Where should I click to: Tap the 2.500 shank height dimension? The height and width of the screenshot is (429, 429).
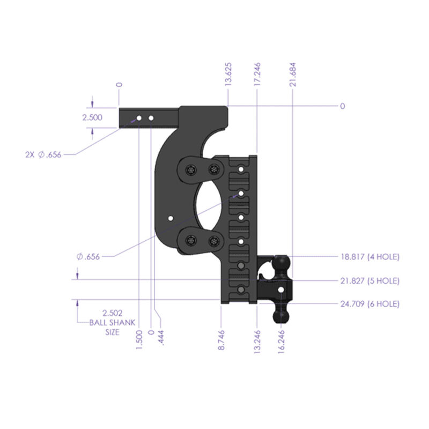92,118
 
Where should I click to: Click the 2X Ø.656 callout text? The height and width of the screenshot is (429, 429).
43,154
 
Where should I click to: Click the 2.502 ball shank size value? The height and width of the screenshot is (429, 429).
113,312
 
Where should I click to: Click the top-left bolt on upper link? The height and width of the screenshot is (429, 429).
191,170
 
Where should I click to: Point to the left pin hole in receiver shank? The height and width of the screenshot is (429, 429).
139,117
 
